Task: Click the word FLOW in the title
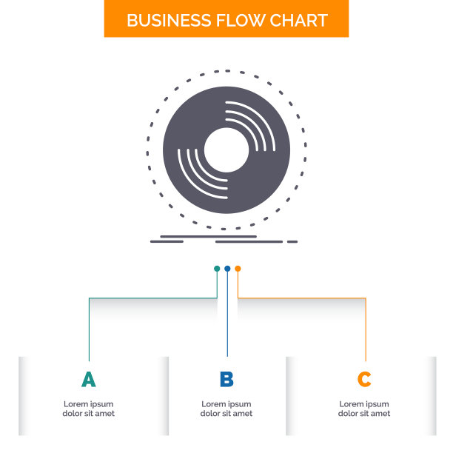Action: click(x=232, y=20)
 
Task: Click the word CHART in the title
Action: click(x=296, y=20)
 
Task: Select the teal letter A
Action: click(x=89, y=380)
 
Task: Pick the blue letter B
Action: click(x=226, y=380)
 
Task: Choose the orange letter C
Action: click(x=364, y=380)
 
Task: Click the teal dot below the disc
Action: click(x=217, y=269)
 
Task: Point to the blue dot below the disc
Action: click(x=227, y=269)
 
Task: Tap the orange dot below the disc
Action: click(x=238, y=269)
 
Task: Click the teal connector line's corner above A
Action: click(x=90, y=298)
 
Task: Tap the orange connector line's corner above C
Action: click(x=366, y=298)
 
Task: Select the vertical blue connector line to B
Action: click(x=227, y=318)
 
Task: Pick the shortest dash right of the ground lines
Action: click(x=292, y=241)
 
